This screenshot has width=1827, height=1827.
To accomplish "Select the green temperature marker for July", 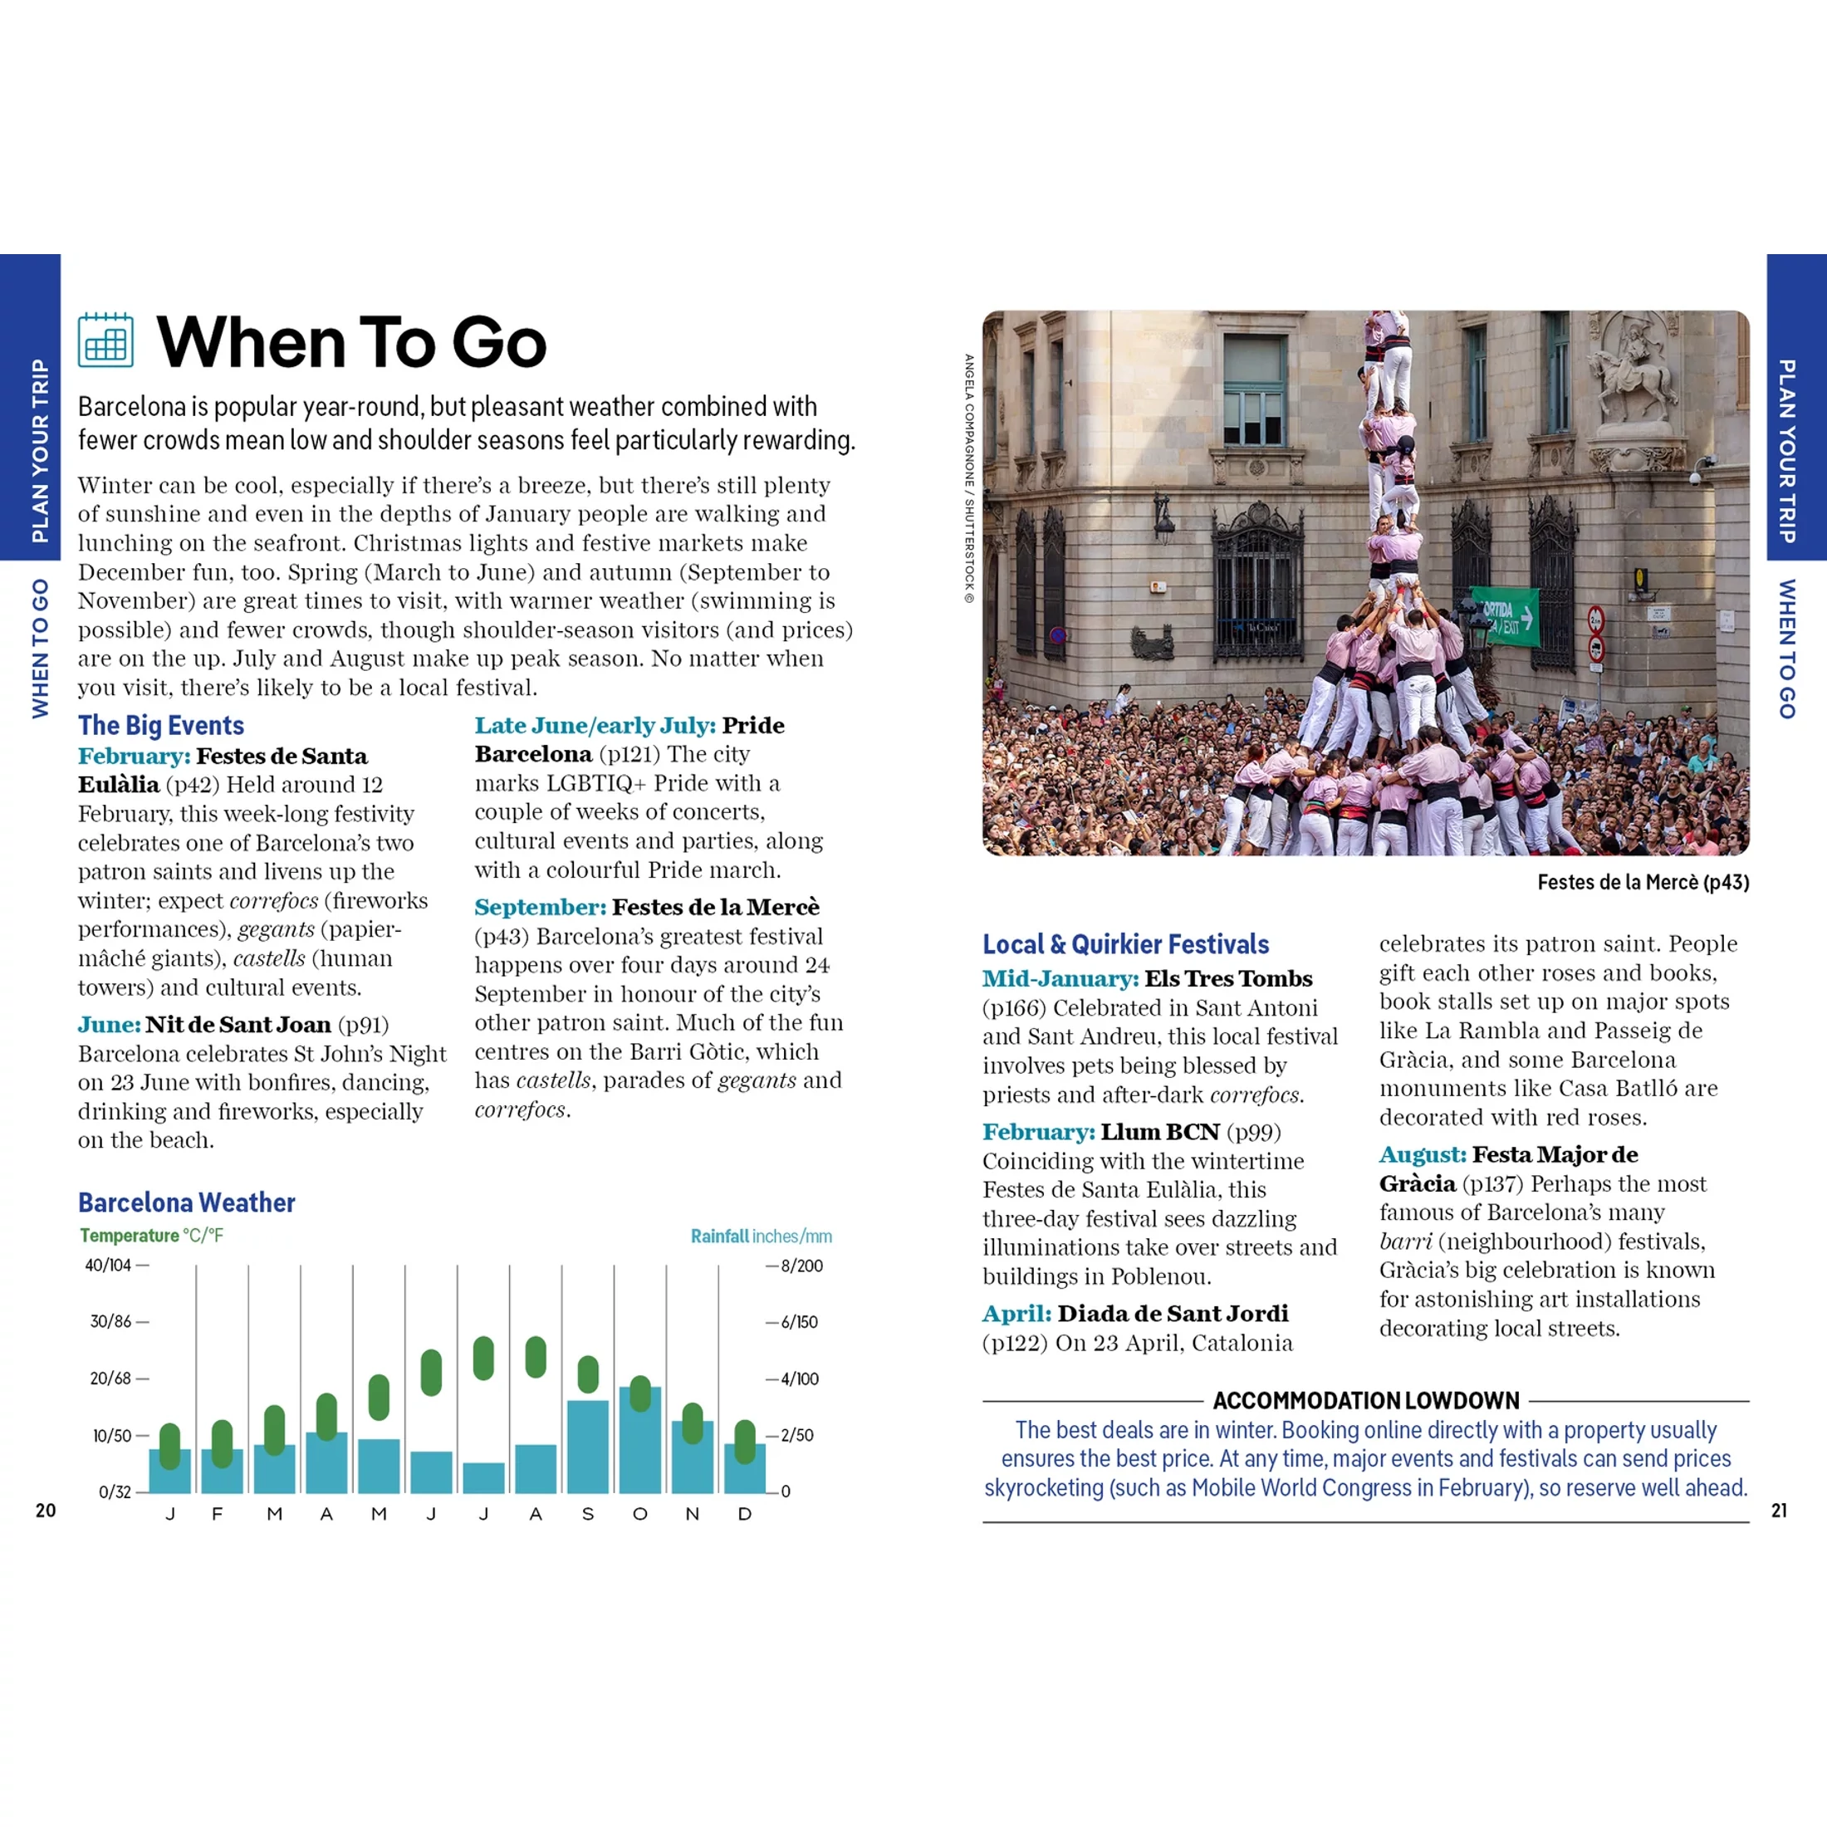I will point(483,1359).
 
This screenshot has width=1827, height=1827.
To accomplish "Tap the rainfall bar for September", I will point(587,1447).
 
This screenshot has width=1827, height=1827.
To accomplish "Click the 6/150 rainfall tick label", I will point(799,1322).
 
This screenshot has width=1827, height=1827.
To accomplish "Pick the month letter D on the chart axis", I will point(744,1514).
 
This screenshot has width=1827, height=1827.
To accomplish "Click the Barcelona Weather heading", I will point(186,1202).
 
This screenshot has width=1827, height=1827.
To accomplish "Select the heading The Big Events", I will point(161,725).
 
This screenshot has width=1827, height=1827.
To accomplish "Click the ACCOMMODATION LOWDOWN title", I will point(1365,1400).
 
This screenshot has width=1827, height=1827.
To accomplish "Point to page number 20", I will point(46,1511).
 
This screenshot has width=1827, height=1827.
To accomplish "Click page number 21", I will point(1779,1511).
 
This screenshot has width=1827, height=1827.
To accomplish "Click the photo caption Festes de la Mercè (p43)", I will point(1643,882).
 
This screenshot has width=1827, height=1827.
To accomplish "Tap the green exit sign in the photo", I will point(1505,615).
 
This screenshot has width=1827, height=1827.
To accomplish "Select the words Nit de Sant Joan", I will point(238,1025).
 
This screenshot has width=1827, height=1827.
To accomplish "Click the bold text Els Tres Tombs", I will point(1228,979).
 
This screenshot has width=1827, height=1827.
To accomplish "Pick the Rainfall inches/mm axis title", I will point(761,1236).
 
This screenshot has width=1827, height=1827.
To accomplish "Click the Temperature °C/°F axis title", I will point(151,1235).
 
